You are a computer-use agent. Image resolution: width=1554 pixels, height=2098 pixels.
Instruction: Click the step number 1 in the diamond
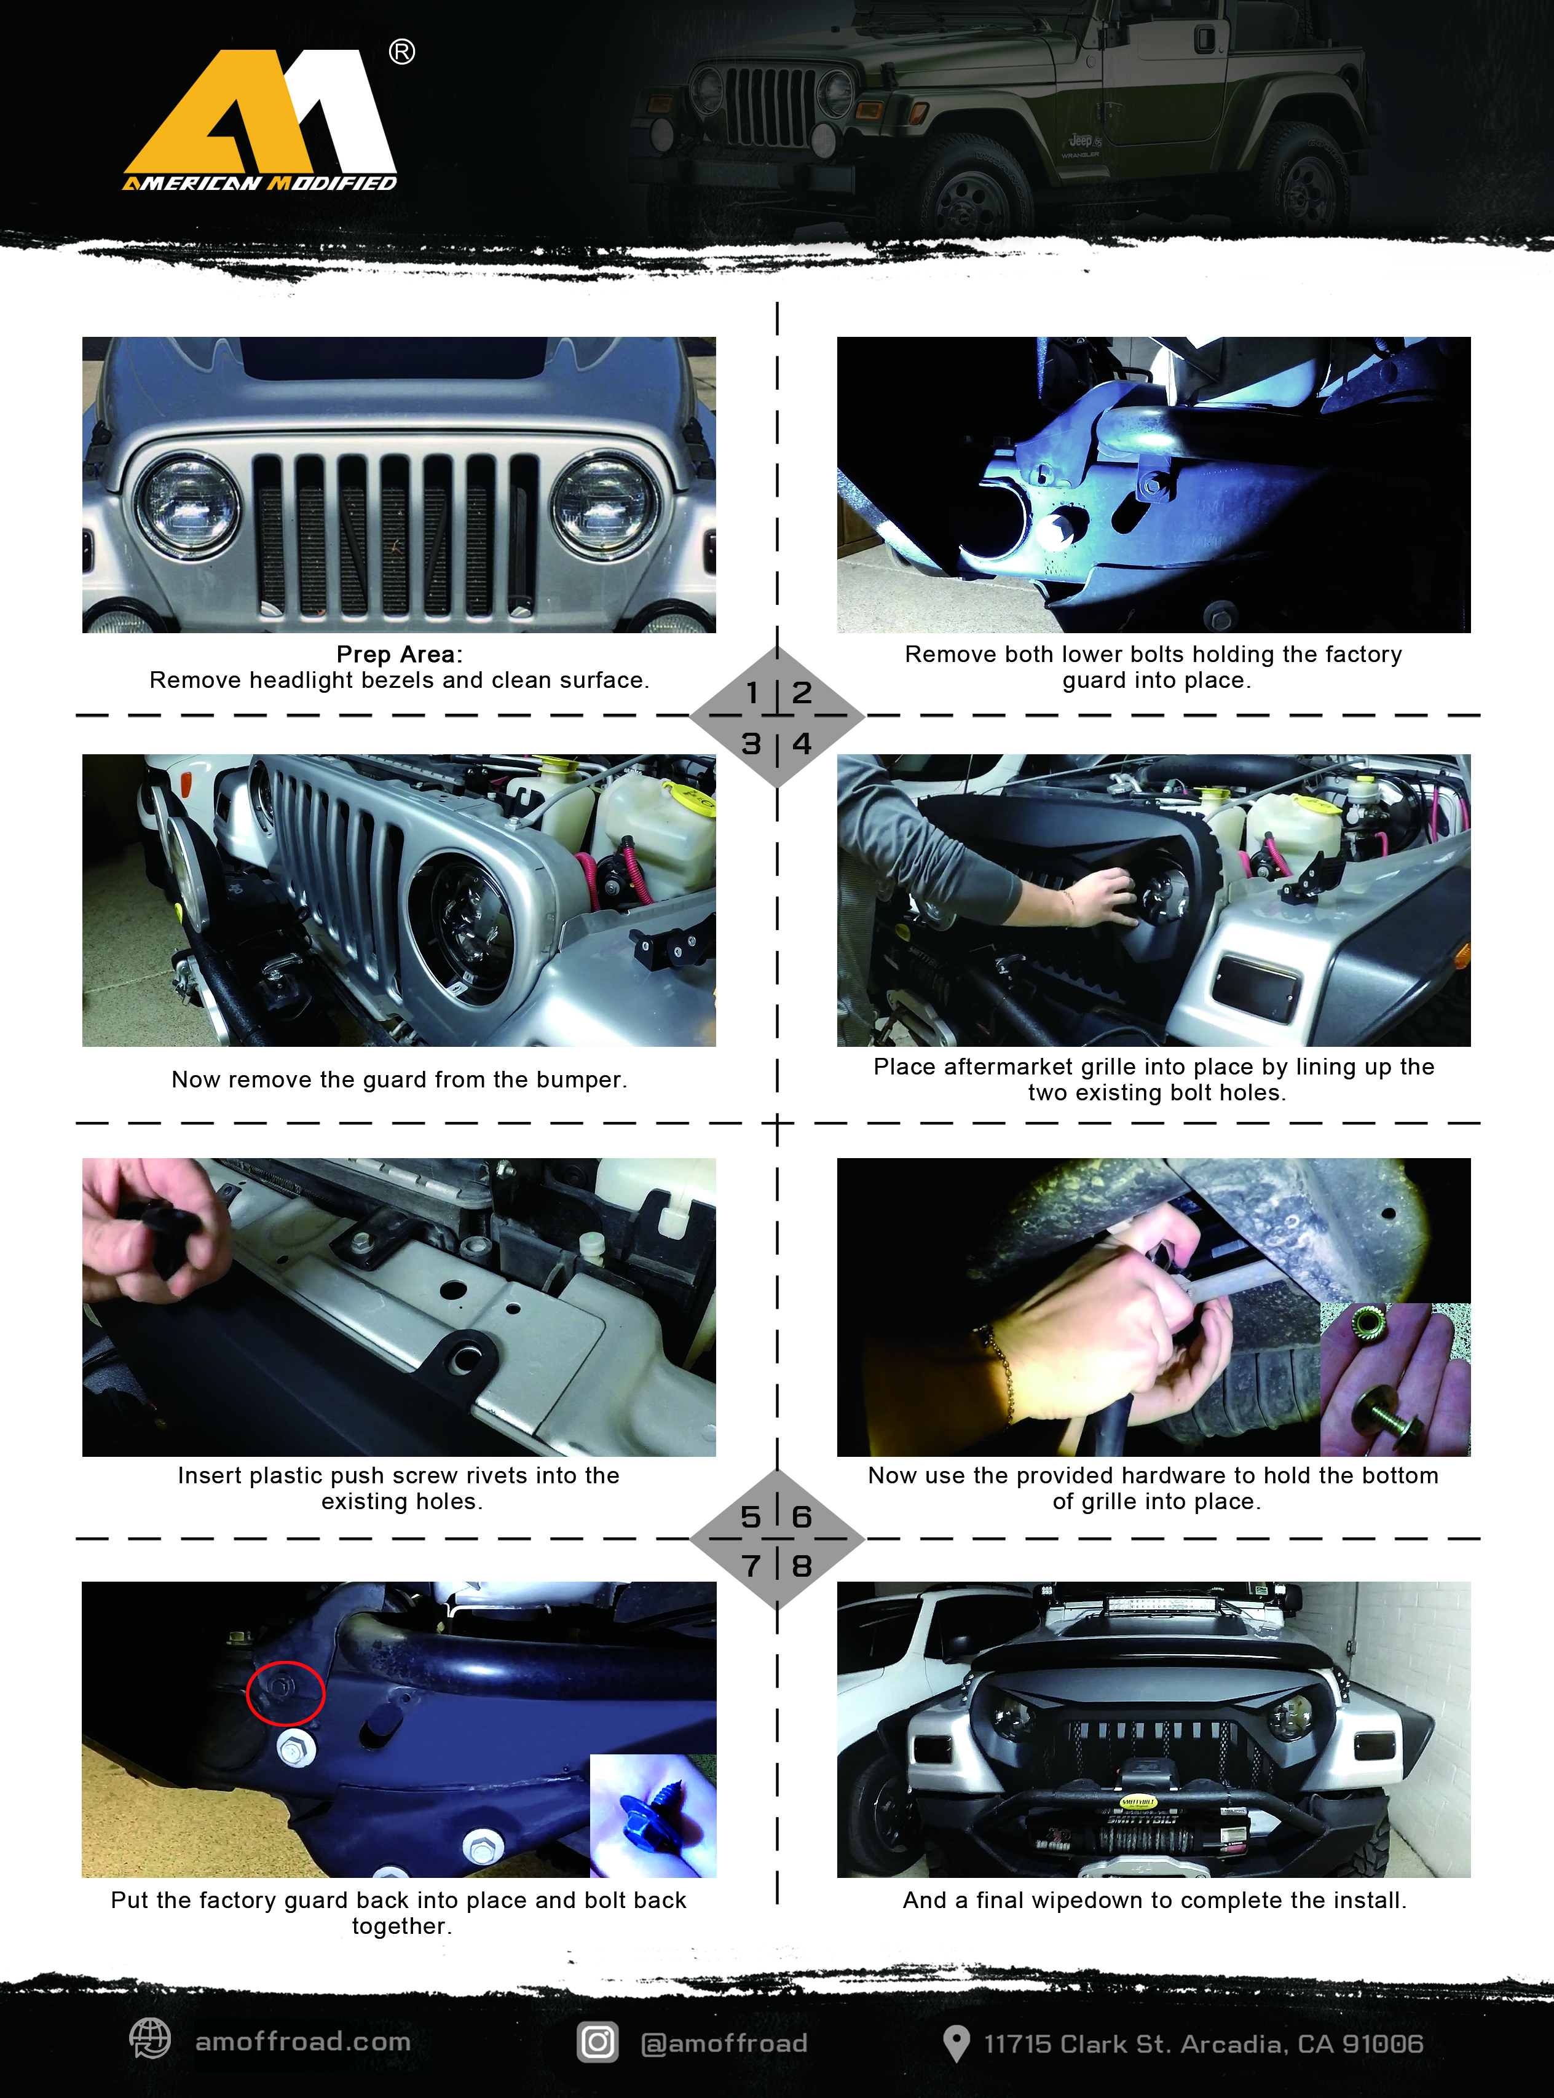tap(752, 693)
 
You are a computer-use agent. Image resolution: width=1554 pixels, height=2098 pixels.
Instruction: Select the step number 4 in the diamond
tap(802, 743)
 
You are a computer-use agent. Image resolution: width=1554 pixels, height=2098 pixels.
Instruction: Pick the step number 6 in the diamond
tap(802, 1516)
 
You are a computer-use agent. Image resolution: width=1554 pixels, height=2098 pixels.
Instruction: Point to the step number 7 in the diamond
tap(751, 1566)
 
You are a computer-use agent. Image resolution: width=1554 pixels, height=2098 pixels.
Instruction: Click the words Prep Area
tap(397, 655)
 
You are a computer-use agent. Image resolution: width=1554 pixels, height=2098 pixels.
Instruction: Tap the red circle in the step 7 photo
tap(285, 1693)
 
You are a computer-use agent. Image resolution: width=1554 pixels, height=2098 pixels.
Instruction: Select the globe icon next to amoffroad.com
tap(149, 2039)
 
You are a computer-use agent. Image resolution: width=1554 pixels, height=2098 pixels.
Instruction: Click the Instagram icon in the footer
tap(598, 2041)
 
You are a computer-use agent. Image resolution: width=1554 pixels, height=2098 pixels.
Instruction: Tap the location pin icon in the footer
tap(956, 2043)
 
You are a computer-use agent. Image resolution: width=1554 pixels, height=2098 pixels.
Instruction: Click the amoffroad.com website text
tap(303, 2041)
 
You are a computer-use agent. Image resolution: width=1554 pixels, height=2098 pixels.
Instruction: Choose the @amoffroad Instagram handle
tap(724, 2043)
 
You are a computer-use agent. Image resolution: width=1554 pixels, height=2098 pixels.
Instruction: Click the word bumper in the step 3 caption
tap(580, 1079)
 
